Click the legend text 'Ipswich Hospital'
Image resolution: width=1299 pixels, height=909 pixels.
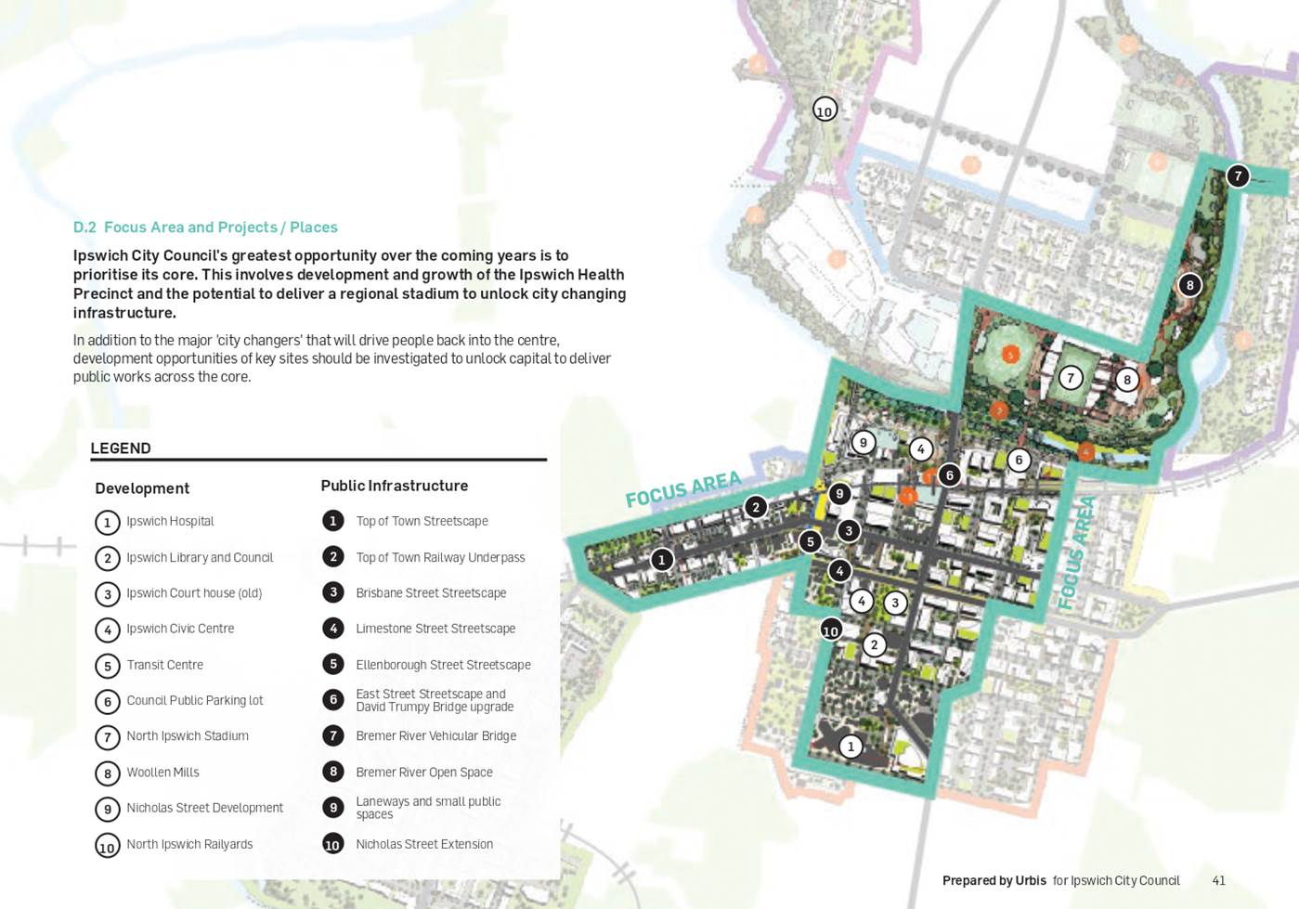click(x=170, y=521)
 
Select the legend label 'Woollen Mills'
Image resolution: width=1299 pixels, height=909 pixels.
click(x=162, y=772)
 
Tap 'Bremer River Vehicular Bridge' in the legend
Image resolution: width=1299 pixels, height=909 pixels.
click(x=435, y=735)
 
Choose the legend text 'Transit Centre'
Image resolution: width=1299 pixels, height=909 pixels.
click(x=164, y=665)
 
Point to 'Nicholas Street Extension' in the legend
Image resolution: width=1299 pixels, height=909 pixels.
click(x=424, y=844)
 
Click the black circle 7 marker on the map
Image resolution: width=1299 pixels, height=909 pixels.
click(x=1237, y=175)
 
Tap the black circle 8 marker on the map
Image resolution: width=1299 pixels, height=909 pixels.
click(x=1189, y=285)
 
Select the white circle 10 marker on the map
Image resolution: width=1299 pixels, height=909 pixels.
click(x=825, y=110)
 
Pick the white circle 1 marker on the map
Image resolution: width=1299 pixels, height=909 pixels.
click(x=851, y=747)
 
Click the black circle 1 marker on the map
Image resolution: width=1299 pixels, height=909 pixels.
click(x=661, y=560)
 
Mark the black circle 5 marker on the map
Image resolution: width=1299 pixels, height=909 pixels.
click(x=810, y=541)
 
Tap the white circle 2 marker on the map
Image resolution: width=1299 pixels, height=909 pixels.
click(x=874, y=645)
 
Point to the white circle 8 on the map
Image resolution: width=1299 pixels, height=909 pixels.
click(x=1127, y=379)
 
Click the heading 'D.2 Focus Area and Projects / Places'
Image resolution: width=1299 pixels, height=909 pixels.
click(x=205, y=227)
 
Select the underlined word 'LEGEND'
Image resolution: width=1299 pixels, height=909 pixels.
click(x=121, y=448)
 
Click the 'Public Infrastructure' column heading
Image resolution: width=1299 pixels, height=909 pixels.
click(x=394, y=486)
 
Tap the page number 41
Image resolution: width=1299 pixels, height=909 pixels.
click(x=1218, y=880)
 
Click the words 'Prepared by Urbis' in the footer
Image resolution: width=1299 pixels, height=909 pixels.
click(x=994, y=880)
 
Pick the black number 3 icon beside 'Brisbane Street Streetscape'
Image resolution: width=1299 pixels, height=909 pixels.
click(x=333, y=592)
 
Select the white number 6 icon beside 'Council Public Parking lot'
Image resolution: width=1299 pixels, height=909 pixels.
click(x=108, y=701)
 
